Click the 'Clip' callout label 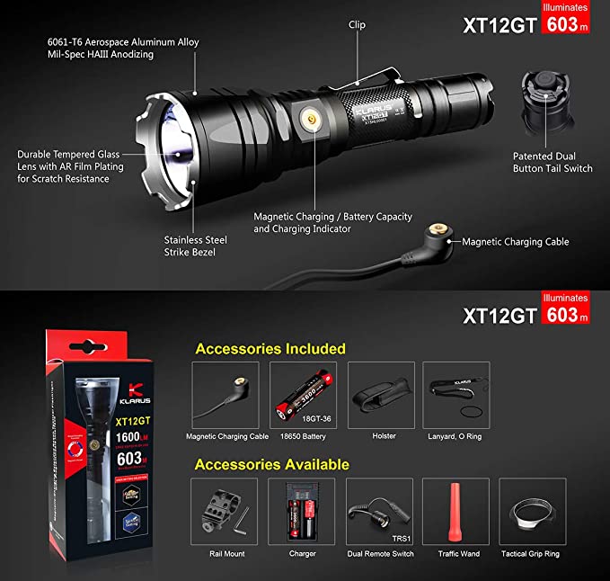coord(357,25)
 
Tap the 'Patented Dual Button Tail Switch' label coord(553,162)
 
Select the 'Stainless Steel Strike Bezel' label coord(195,246)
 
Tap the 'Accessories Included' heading coord(270,348)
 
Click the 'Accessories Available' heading coord(272,464)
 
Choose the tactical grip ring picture coord(534,511)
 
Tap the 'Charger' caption coord(303,554)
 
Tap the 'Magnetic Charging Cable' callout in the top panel coord(516,241)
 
